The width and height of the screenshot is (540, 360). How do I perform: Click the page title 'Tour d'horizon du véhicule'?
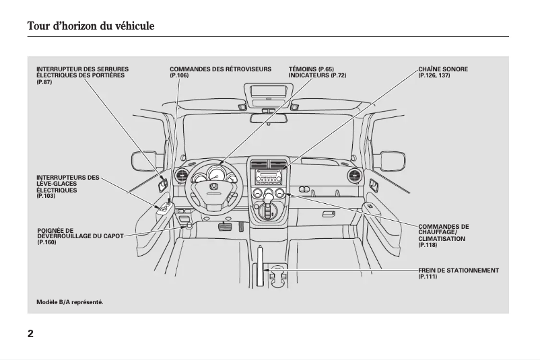pos(91,26)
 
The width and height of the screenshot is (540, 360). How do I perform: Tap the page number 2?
pos(30,334)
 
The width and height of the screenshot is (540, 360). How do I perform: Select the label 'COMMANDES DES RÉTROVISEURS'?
pos(220,69)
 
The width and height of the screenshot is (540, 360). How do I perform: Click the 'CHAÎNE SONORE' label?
pos(442,69)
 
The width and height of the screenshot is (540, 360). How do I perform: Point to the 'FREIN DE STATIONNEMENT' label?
pos(458,271)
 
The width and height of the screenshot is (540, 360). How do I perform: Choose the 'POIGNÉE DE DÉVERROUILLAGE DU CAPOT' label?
pos(80,236)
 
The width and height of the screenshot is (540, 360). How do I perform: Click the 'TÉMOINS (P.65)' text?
pos(311,69)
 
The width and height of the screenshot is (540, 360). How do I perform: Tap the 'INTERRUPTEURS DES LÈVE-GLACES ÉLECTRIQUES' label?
pos(67,184)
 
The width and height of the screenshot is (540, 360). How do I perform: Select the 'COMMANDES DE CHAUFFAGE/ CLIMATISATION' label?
pos(443,233)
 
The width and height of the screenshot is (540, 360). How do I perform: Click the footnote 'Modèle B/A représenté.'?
pos(70,302)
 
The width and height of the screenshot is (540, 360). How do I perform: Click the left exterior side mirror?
pos(143,161)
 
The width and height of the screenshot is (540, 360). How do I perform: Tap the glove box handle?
pos(329,214)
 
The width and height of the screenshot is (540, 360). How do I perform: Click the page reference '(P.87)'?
pos(44,81)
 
